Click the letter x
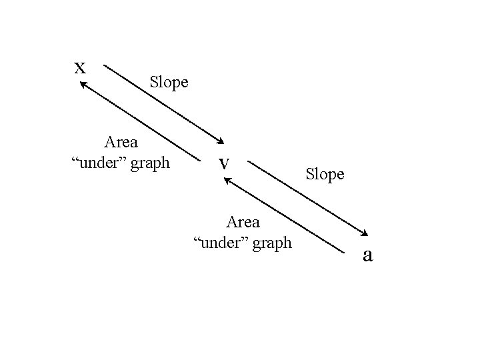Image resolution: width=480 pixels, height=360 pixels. tap(80, 67)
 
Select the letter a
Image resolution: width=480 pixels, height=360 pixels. tap(367, 255)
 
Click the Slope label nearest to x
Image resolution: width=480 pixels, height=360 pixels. tap(169, 83)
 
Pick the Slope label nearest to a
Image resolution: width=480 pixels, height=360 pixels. tap(325, 175)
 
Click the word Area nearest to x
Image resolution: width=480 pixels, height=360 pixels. tap(121, 142)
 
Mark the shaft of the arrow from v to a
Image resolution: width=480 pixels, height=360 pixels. tap(307, 196)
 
